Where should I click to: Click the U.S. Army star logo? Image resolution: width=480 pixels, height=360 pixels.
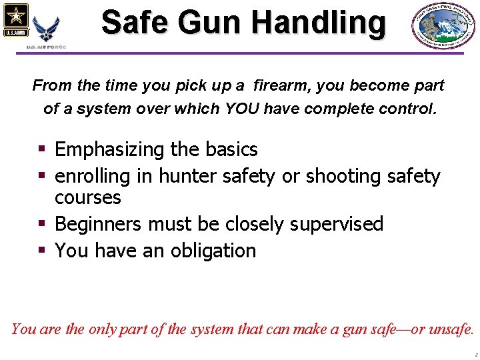pyautogui.click(x=15, y=20)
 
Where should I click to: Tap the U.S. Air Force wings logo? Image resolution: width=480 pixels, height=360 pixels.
pyautogui.click(x=46, y=29)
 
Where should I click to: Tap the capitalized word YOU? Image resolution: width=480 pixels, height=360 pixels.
pyautogui.click(x=242, y=108)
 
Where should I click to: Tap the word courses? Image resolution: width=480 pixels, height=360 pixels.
pyautogui.click(x=88, y=197)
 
